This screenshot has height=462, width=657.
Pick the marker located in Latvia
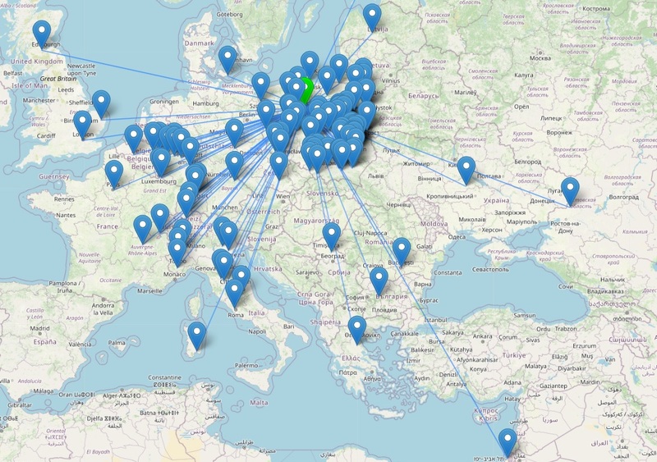point(373,17)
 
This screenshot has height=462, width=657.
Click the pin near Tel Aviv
point(508,442)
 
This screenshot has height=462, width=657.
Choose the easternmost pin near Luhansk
point(569,190)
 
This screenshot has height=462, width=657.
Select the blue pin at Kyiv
point(466,170)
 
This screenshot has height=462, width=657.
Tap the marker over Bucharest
point(401,250)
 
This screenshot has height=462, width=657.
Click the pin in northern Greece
point(356,328)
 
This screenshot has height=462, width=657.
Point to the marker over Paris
point(114,173)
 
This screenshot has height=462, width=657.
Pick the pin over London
point(83,124)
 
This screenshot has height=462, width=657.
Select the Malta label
point(260,403)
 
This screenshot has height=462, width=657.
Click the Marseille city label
point(149,290)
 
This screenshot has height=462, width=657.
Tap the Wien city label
point(283,197)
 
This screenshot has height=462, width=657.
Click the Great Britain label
point(59,79)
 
